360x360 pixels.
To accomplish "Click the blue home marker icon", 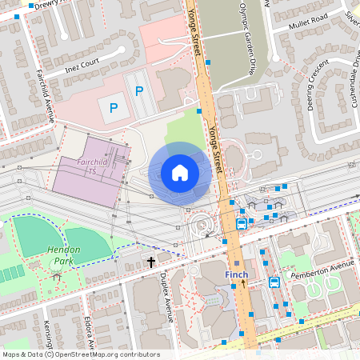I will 179,173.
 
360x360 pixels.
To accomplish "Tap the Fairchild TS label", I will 82,166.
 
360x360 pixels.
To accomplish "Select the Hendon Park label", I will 63,255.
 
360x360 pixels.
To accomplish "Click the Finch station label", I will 236,274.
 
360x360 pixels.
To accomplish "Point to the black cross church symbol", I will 150,262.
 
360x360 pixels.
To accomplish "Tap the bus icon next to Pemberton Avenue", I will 274,282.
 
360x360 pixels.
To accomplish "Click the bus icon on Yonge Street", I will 242,224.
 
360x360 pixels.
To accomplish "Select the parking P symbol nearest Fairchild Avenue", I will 113,107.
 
